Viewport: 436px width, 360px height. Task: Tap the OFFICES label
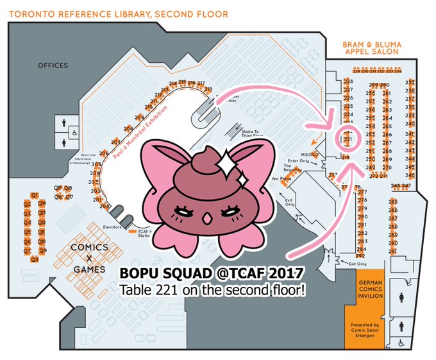[53, 65]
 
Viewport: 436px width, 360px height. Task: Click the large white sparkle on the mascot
[226, 168]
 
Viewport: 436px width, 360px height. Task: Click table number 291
[393, 252]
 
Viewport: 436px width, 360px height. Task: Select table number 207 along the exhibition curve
[115, 141]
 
